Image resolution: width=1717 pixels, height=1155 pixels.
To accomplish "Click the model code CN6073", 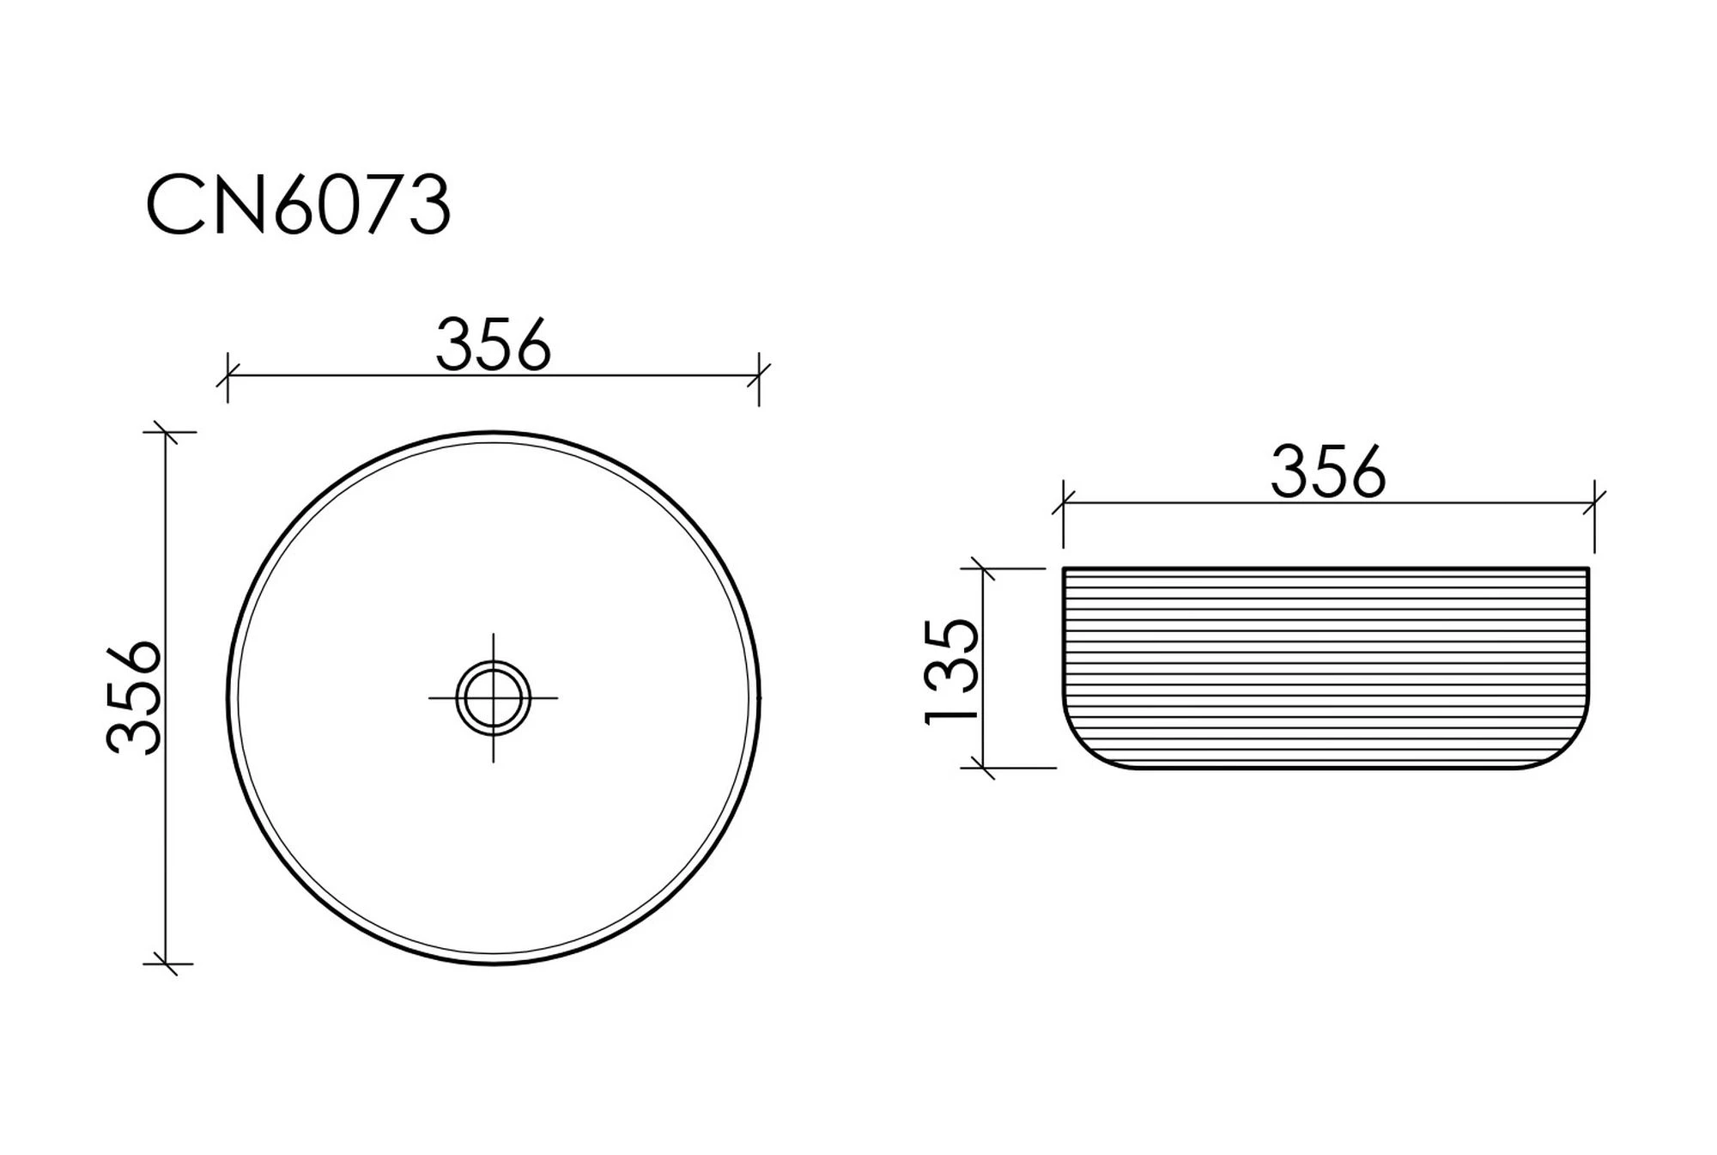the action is tap(298, 205).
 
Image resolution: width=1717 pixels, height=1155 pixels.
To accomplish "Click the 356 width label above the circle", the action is tap(493, 345).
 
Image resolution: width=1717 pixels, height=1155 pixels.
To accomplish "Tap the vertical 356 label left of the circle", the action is tap(134, 697).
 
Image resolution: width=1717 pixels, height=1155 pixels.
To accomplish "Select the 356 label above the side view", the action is tap(1328, 471).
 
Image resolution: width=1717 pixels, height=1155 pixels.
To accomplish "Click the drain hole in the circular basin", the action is tap(493, 697).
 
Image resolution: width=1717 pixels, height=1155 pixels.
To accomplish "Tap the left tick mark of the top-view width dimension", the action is tap(228, 376).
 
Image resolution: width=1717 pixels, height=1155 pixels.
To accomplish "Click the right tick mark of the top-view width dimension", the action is tap(759, 376).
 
